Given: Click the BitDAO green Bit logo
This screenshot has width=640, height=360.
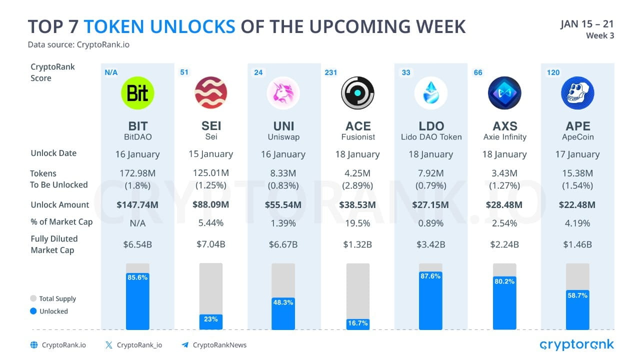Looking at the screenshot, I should [137, 93].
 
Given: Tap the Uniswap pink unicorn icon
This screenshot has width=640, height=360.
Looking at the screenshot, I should [283, 93].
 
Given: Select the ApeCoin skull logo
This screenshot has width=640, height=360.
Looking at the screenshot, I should [577, 93].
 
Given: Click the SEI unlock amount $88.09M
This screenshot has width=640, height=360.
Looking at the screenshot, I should [211, 204].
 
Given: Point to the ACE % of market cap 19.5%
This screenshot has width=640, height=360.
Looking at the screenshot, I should [357, 223].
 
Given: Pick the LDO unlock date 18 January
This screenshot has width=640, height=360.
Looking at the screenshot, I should [430, 154].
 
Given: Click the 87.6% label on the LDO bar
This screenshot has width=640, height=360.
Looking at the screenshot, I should [430, 276].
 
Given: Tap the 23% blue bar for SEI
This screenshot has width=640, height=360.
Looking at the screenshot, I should [211, 321].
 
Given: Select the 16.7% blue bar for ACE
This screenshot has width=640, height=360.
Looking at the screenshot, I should [357, 324].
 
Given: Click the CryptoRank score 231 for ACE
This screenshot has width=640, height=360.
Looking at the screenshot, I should [331, 72].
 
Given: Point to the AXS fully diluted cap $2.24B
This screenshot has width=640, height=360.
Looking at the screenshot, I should [504, 244].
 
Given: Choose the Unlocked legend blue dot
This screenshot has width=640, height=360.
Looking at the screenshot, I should [33, 311].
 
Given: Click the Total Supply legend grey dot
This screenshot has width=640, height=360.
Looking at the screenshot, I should [33, 298].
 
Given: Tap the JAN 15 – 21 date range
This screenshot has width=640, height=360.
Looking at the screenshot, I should [587, 24].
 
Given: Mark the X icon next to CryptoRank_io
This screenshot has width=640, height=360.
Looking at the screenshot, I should [109, 345].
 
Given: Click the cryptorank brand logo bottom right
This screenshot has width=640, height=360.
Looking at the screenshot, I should [576, 344].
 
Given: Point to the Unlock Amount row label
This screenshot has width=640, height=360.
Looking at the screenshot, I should [60, 204].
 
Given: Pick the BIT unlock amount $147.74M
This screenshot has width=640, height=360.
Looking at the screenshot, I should [137, 204].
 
